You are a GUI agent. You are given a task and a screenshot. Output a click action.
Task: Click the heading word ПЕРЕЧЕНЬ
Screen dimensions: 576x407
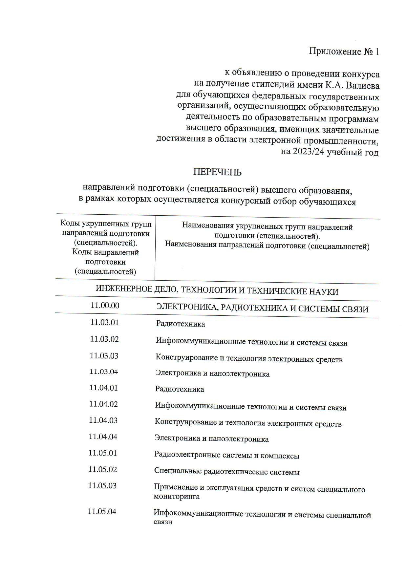(x=217, y=172)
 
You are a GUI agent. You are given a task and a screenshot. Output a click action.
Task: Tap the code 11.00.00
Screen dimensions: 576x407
(x=105, y=306)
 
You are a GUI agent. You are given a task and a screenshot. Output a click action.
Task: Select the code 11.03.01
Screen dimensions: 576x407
(x=104, y=322)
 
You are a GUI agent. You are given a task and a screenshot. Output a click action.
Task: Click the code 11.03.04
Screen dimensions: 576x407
(x=104, y=372)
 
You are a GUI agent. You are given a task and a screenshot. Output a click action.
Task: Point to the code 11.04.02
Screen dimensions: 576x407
(x=103, y=404)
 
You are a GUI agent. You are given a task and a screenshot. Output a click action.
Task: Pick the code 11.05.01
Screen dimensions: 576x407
(x=103, y=453)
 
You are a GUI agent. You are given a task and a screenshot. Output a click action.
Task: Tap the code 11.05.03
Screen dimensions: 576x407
(x=102, y=485)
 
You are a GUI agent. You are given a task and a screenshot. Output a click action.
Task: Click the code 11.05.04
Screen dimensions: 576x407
(x=102, y=511)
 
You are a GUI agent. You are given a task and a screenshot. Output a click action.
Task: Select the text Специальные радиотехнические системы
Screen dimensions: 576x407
(x=227, y=472)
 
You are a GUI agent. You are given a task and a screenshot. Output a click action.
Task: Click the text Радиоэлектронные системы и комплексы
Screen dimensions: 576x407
(x=227, y=456)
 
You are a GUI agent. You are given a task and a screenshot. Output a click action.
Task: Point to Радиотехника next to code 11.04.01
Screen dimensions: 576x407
(x=180, y=389)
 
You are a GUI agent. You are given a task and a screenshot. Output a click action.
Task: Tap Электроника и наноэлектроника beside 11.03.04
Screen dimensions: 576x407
(x=213, y=374)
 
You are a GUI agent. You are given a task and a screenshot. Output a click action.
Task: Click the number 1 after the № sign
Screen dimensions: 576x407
(x=377, y=52)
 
